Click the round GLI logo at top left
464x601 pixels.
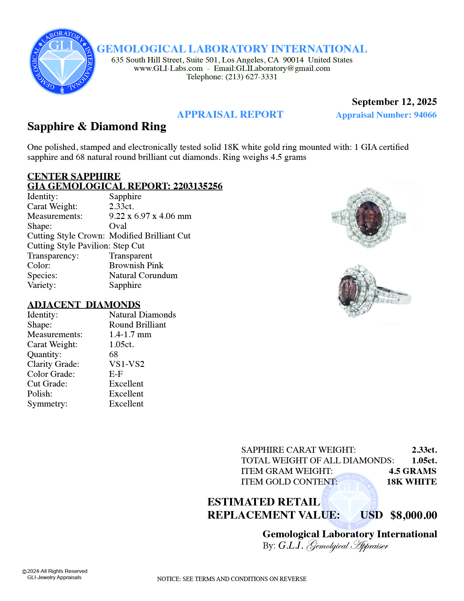click(62, 62)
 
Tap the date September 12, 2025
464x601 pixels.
click(394, 102)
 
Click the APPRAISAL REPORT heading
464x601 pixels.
click(230, 115)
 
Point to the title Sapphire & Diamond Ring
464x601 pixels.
click(97, 126)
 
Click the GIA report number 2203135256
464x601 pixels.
click(198, 186)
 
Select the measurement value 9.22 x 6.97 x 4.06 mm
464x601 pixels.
click(150, 216)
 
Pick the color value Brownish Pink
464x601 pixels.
click(136, 265)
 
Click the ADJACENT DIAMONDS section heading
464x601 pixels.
click(84, 305)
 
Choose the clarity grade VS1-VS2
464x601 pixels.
click(127, 364)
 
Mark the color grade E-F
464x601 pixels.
click(116, 374)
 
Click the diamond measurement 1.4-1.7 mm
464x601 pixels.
click(130, 334)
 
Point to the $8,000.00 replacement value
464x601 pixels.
click(413, 515)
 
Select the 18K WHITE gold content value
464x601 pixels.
click(411, 482)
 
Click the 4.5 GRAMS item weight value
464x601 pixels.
click(412, 471)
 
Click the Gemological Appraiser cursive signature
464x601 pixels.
click(347, 546)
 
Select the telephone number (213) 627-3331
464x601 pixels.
click(251, 77)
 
